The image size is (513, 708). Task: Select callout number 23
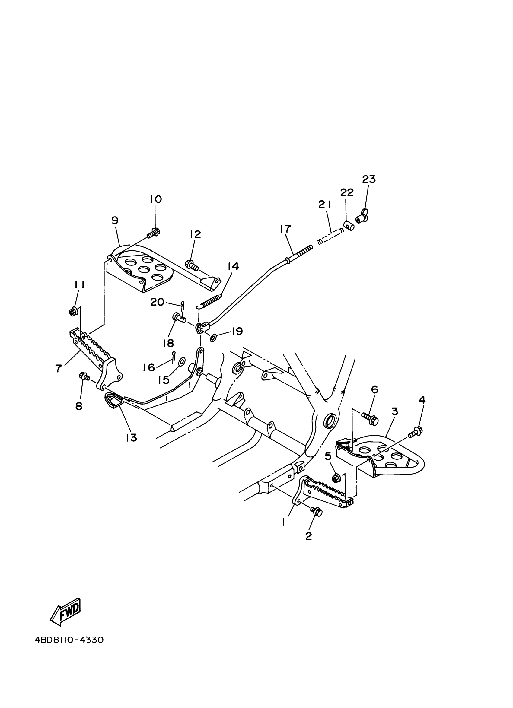pos(369,179)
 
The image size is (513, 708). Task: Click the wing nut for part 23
pos(362,215)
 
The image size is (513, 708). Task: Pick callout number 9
pos(115,221)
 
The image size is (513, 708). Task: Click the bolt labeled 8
pos(84,377)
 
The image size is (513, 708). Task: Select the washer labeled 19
pos(214,338)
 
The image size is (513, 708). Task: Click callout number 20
pos(157,302)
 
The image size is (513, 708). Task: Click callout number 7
pos(58,368)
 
